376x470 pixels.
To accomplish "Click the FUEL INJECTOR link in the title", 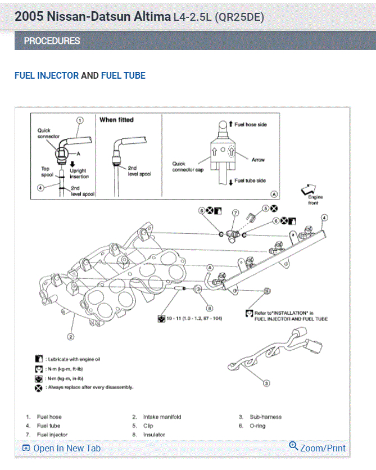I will pyautogui.click(x=47, y=75).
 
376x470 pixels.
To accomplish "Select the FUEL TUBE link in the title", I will pyautogui.click(x=123, y=75).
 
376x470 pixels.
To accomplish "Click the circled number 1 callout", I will pyautogui.click(x=80, y=120).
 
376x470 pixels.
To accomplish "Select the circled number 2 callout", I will pyautogui.click(x=71, y=337).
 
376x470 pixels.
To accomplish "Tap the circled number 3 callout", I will pyautogui.click(x=266, y=383).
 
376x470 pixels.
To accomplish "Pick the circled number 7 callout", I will pyautogui.click(x=235, y=213).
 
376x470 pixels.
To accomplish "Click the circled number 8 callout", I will pyautogui.click(x=209, y=308).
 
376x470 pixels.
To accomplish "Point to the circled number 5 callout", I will pyautogui.click(x=268, y=208).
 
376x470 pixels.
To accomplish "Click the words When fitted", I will pyautogui.click(x=116, y=120).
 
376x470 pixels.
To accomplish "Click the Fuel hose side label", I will pyautogui.click(x=251, y=124).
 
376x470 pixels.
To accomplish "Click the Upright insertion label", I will pyautogui.click(x=79, y=173).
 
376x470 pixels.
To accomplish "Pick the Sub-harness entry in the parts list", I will pyautogui.click(x=265, y=417).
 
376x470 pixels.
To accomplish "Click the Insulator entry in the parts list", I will pyautogui.click(x=154, y=435).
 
